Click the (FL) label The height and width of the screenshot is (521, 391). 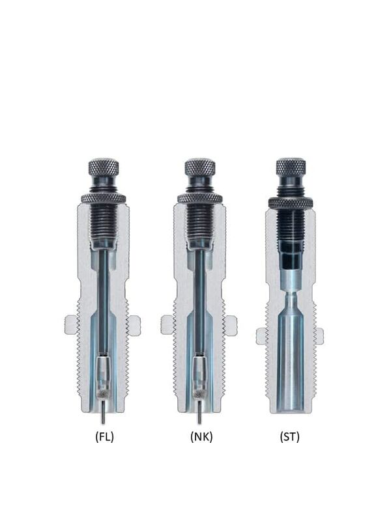point(104,437)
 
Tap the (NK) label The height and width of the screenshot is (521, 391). point(201,437)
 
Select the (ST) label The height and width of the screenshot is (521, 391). point(289,437)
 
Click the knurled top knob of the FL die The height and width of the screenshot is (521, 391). point(104,167)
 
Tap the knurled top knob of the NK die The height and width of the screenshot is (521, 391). point(200,167)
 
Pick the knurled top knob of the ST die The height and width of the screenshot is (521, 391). point(291,167)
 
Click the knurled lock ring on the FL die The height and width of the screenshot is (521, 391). point(104,199)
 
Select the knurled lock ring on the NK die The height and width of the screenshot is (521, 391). point(200,199)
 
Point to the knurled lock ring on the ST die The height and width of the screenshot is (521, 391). point(291,203)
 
